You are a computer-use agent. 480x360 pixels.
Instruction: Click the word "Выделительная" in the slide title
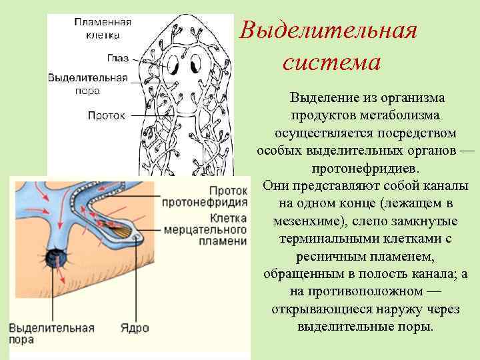pos(329,31)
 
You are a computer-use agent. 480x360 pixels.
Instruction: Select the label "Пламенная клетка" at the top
pos(102,27)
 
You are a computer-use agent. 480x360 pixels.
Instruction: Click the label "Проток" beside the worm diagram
pos(107,115)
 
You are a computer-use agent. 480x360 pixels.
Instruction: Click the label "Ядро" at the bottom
pos(135,328)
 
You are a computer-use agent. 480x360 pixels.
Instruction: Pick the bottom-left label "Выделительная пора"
pos(51,334)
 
